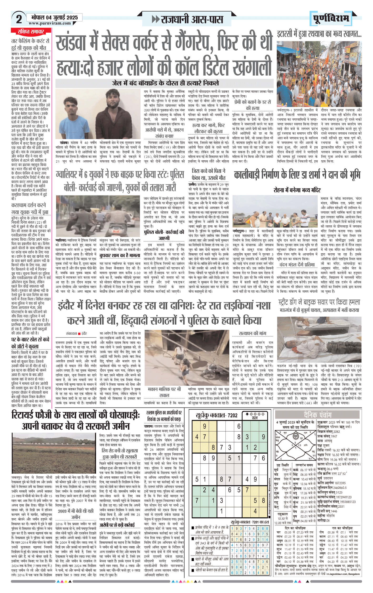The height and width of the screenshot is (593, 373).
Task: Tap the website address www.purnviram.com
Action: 50,23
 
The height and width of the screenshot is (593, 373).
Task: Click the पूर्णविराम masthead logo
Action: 331,18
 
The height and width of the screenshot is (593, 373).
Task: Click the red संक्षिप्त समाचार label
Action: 31,32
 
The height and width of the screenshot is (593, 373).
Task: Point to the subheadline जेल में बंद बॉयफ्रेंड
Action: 165,83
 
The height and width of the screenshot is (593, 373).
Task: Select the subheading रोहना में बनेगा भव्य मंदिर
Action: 297,190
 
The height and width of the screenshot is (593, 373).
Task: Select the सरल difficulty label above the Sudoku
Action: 255,418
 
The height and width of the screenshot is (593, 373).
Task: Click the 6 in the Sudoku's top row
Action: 239,426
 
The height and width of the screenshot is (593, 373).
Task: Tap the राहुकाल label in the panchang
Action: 282,514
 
